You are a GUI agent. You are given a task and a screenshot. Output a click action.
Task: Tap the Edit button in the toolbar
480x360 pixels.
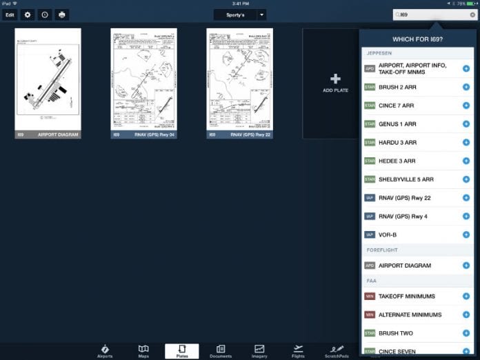point(10,14)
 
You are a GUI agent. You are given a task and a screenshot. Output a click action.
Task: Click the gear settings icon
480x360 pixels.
point(28,14)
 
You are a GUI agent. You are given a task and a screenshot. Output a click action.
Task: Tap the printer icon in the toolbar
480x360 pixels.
point(63,14)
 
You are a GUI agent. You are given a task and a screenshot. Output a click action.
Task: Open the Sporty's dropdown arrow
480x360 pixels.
point(262,14)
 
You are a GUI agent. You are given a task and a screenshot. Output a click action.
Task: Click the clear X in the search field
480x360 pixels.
point(472,14)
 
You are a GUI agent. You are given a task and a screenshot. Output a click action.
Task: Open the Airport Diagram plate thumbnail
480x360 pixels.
point(48,83)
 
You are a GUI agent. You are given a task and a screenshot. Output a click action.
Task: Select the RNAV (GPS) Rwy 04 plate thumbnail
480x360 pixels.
point(143,83)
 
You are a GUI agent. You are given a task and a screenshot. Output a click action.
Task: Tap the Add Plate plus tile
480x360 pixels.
point(336,83)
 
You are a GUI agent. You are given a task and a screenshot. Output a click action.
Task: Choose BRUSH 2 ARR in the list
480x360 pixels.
point(397,88)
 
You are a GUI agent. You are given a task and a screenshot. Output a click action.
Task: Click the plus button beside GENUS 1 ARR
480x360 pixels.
point(466,124)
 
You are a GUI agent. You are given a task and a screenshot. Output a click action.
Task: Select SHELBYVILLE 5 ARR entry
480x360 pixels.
point(406,179)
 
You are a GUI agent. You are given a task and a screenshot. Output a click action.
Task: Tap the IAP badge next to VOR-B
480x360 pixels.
point(370,234)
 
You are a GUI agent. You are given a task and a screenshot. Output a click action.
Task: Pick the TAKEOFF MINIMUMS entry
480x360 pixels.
point(407,296)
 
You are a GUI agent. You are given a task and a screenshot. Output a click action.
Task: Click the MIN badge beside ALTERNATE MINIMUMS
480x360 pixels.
point(370,314)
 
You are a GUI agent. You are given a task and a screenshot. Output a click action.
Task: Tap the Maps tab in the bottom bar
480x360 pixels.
point(143,351)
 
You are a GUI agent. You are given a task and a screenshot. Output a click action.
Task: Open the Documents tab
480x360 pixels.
point(221,351)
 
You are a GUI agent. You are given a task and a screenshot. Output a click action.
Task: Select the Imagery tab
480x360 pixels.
point(259,351)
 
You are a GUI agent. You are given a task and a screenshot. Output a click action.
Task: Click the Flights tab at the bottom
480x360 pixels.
point(298,351)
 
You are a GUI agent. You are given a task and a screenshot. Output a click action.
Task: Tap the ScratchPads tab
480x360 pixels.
point(337,351)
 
